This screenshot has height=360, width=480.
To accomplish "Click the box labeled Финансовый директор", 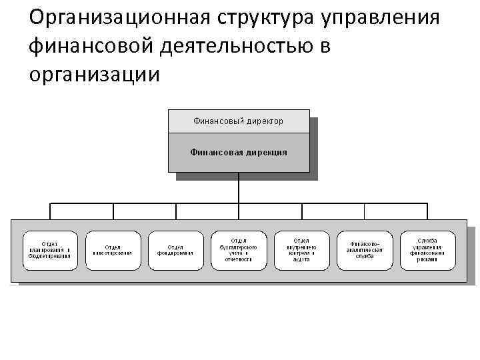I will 238,121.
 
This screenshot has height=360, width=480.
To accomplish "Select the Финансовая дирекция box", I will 238,152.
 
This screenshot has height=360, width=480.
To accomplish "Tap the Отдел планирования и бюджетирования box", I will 50,250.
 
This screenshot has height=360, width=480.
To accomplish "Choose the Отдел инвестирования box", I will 113,250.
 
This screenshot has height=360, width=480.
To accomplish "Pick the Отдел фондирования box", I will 175,250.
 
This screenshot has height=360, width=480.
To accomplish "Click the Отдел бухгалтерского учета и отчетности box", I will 238,250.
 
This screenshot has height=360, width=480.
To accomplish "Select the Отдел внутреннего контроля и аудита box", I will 301,250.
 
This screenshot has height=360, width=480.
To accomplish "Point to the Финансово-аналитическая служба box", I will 364,250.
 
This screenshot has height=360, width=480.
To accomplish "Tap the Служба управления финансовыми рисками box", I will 427,250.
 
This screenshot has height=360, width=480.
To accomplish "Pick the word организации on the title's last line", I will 95,74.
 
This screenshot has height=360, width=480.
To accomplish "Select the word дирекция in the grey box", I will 265,152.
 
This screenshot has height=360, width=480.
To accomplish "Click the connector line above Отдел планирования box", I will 50,211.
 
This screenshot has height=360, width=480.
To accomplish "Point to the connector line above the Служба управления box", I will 427,211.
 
